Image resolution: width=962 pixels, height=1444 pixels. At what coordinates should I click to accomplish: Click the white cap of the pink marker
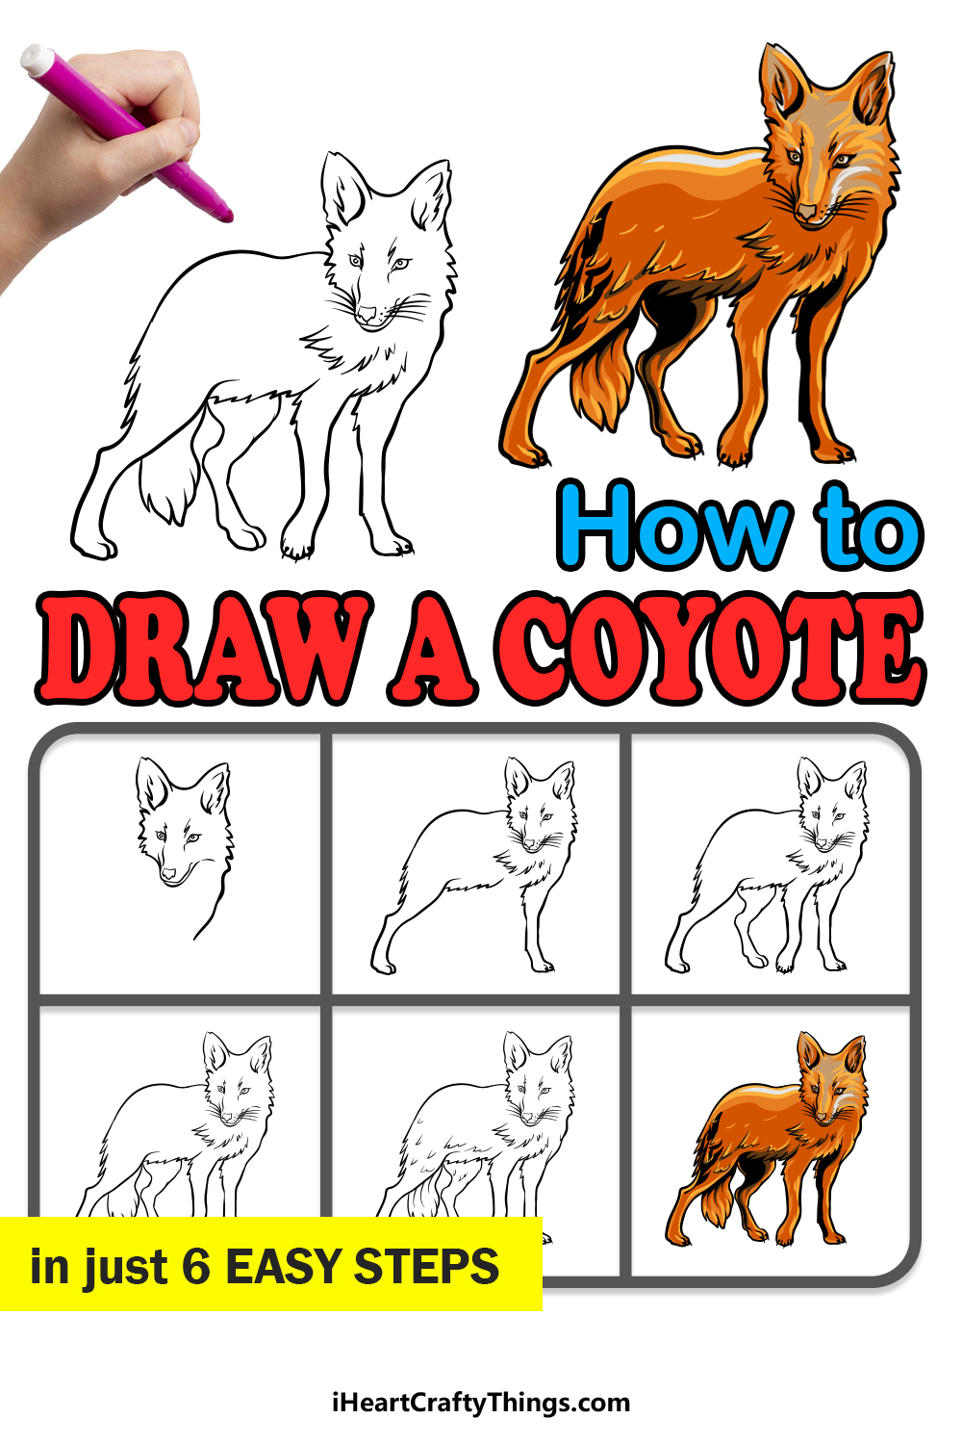(38, 59)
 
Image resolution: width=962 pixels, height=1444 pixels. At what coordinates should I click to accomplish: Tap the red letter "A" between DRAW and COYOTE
(432, 649)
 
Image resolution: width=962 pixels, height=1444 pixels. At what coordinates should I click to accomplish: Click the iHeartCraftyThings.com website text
(481, 1403)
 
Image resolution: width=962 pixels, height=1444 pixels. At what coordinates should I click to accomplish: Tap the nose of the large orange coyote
(806, 211)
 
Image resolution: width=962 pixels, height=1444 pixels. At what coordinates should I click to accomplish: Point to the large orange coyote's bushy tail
(602, 382)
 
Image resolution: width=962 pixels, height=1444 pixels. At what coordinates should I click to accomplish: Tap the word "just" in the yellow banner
(125, 1268)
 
